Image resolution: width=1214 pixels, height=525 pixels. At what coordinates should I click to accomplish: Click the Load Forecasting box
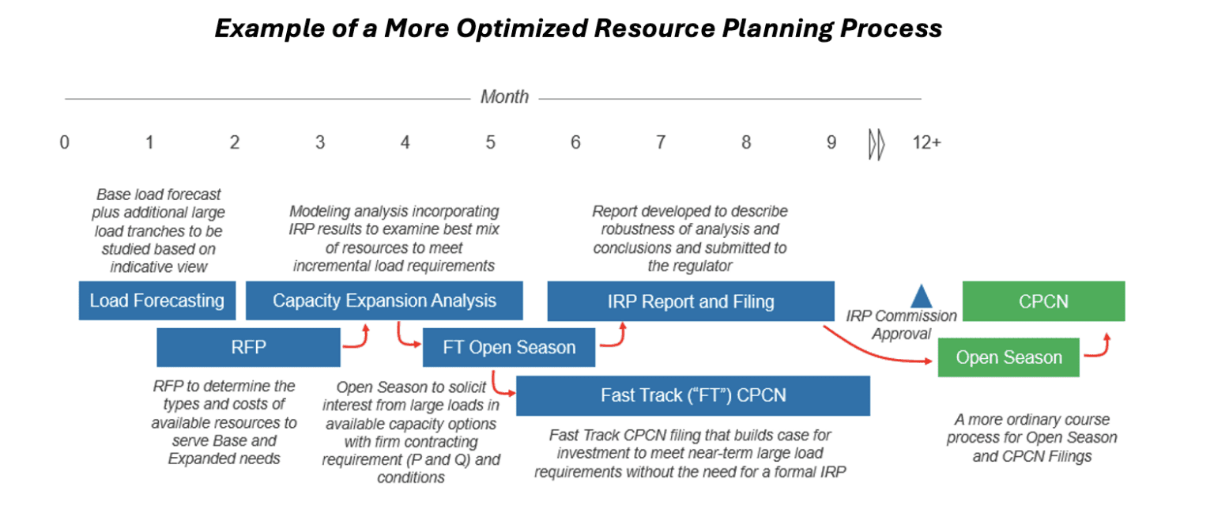156,300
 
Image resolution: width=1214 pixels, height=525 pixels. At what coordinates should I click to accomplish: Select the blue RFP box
248,347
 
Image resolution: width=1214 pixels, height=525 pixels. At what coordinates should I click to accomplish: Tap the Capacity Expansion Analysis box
384,300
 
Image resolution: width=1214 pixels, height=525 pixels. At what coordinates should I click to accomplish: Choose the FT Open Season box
508,347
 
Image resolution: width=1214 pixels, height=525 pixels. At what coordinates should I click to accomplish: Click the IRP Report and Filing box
691,300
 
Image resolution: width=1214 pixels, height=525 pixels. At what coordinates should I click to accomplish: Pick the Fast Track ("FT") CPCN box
692,395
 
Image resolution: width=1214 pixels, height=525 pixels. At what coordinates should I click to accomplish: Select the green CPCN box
1043,300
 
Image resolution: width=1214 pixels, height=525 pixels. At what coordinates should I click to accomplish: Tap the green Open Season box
1009,357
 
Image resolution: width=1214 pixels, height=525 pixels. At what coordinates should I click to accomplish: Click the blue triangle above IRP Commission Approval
921,297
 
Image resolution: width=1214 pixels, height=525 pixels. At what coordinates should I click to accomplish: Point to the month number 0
64,143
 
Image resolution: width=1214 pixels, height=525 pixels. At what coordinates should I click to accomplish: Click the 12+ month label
926,143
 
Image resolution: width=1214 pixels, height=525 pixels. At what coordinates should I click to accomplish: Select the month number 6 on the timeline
575,143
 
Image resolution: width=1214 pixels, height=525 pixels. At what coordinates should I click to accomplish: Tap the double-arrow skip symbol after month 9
877,145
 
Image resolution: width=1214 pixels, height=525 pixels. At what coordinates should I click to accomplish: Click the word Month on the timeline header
504,97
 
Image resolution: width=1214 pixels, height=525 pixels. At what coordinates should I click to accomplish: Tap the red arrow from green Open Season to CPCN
1098,348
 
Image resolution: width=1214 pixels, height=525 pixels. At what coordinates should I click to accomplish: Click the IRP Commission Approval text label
901,324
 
